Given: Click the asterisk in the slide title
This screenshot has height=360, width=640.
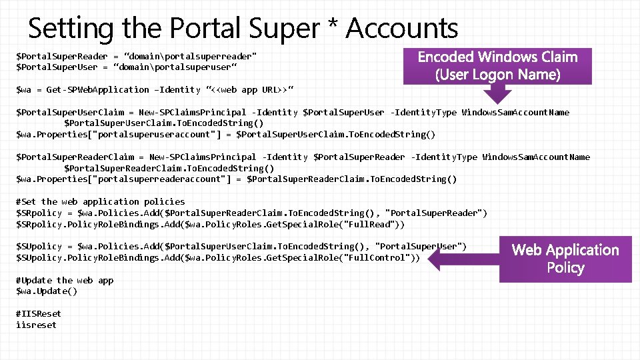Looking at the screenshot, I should [331, 27].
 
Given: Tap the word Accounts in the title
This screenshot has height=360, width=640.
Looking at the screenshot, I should [401, 28].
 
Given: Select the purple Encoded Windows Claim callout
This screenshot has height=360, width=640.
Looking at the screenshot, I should [497, 65].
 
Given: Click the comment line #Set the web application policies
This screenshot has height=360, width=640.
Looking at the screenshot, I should [101, 201].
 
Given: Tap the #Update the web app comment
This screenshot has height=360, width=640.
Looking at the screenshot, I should [65, 280].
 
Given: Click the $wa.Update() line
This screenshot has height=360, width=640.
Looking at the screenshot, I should [47, 291].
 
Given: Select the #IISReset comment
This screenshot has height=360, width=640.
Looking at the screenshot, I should [39, 313].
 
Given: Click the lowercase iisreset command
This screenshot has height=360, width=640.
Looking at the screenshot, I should [37, 325].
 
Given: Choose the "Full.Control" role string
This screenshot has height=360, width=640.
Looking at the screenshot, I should [377, 257].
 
